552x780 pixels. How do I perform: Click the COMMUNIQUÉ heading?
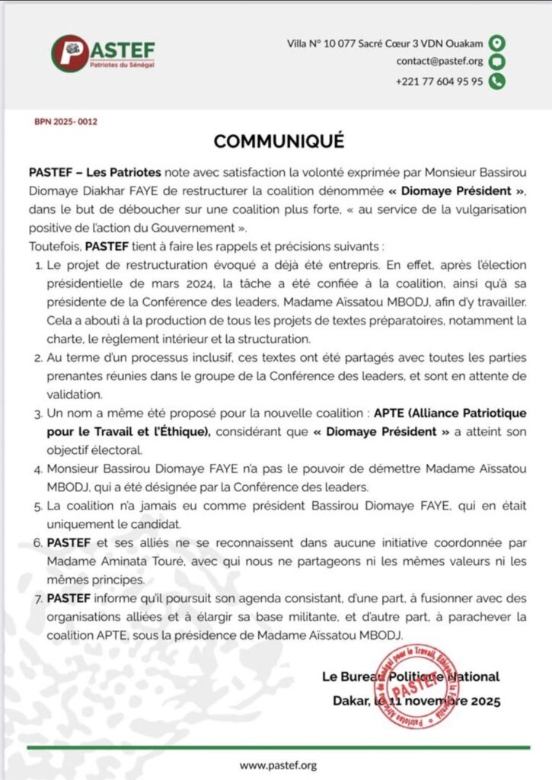279,141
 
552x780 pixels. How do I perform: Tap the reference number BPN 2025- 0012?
66,121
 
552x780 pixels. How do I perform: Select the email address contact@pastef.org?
439,62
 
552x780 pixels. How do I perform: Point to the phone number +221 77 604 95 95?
439,82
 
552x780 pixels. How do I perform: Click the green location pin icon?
497,43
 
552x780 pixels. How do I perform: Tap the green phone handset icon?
497,82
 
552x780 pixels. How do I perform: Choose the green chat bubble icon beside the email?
497,62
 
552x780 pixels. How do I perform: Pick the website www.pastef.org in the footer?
278,765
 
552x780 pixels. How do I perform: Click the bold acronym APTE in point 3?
390,413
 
